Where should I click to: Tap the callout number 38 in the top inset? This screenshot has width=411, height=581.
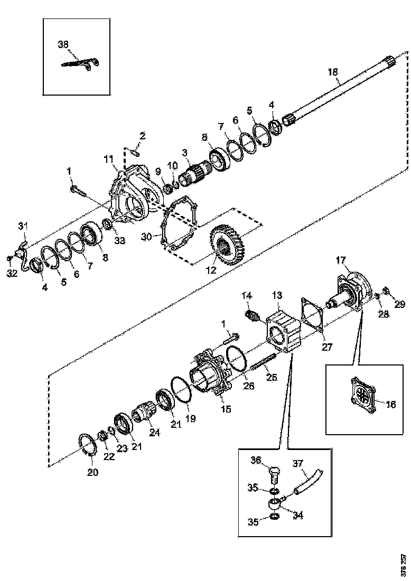pos(63,45)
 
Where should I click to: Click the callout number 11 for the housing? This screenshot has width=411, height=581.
pos(108,158)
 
